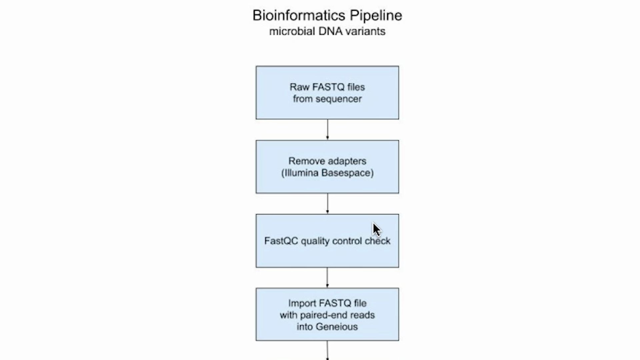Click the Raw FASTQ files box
click(x=327, y=93)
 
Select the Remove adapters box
click(x=327, y=167)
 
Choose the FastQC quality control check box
click(x=327, y=241)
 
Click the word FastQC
click(x=281, y=241)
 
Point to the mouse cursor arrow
click(x=377, y=230)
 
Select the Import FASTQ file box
click(x=327, y=314)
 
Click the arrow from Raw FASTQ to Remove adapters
click(x=327, y=130)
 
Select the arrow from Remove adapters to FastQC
click(x=327, y=204)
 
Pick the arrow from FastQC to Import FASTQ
click(x=327, y=278)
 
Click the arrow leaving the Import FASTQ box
click(x=327, y=350)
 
